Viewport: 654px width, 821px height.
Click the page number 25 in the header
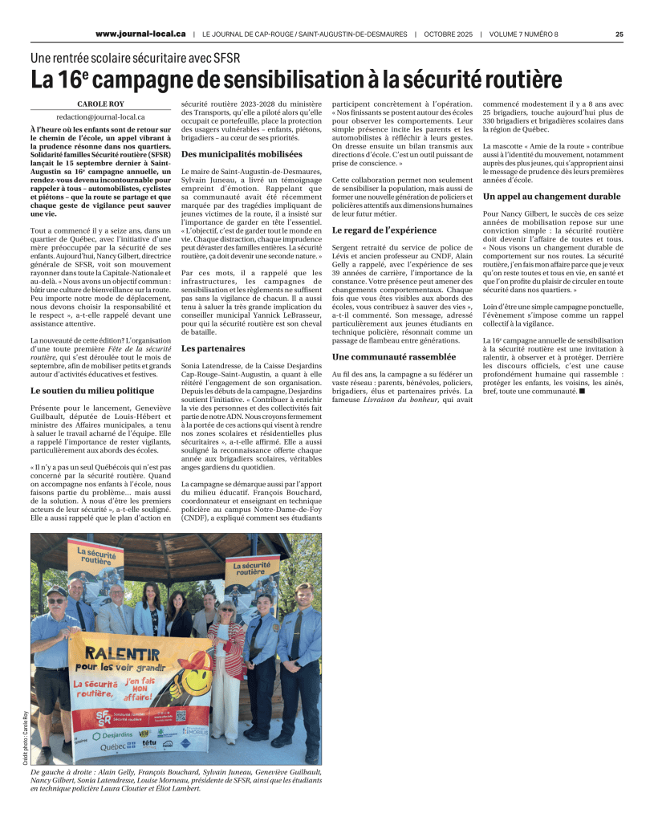619,35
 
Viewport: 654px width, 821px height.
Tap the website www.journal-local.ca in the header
140,35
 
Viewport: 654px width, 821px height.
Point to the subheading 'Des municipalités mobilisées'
230,154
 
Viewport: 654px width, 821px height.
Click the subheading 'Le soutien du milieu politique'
91,390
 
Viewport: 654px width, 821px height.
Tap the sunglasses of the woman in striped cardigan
227,614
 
